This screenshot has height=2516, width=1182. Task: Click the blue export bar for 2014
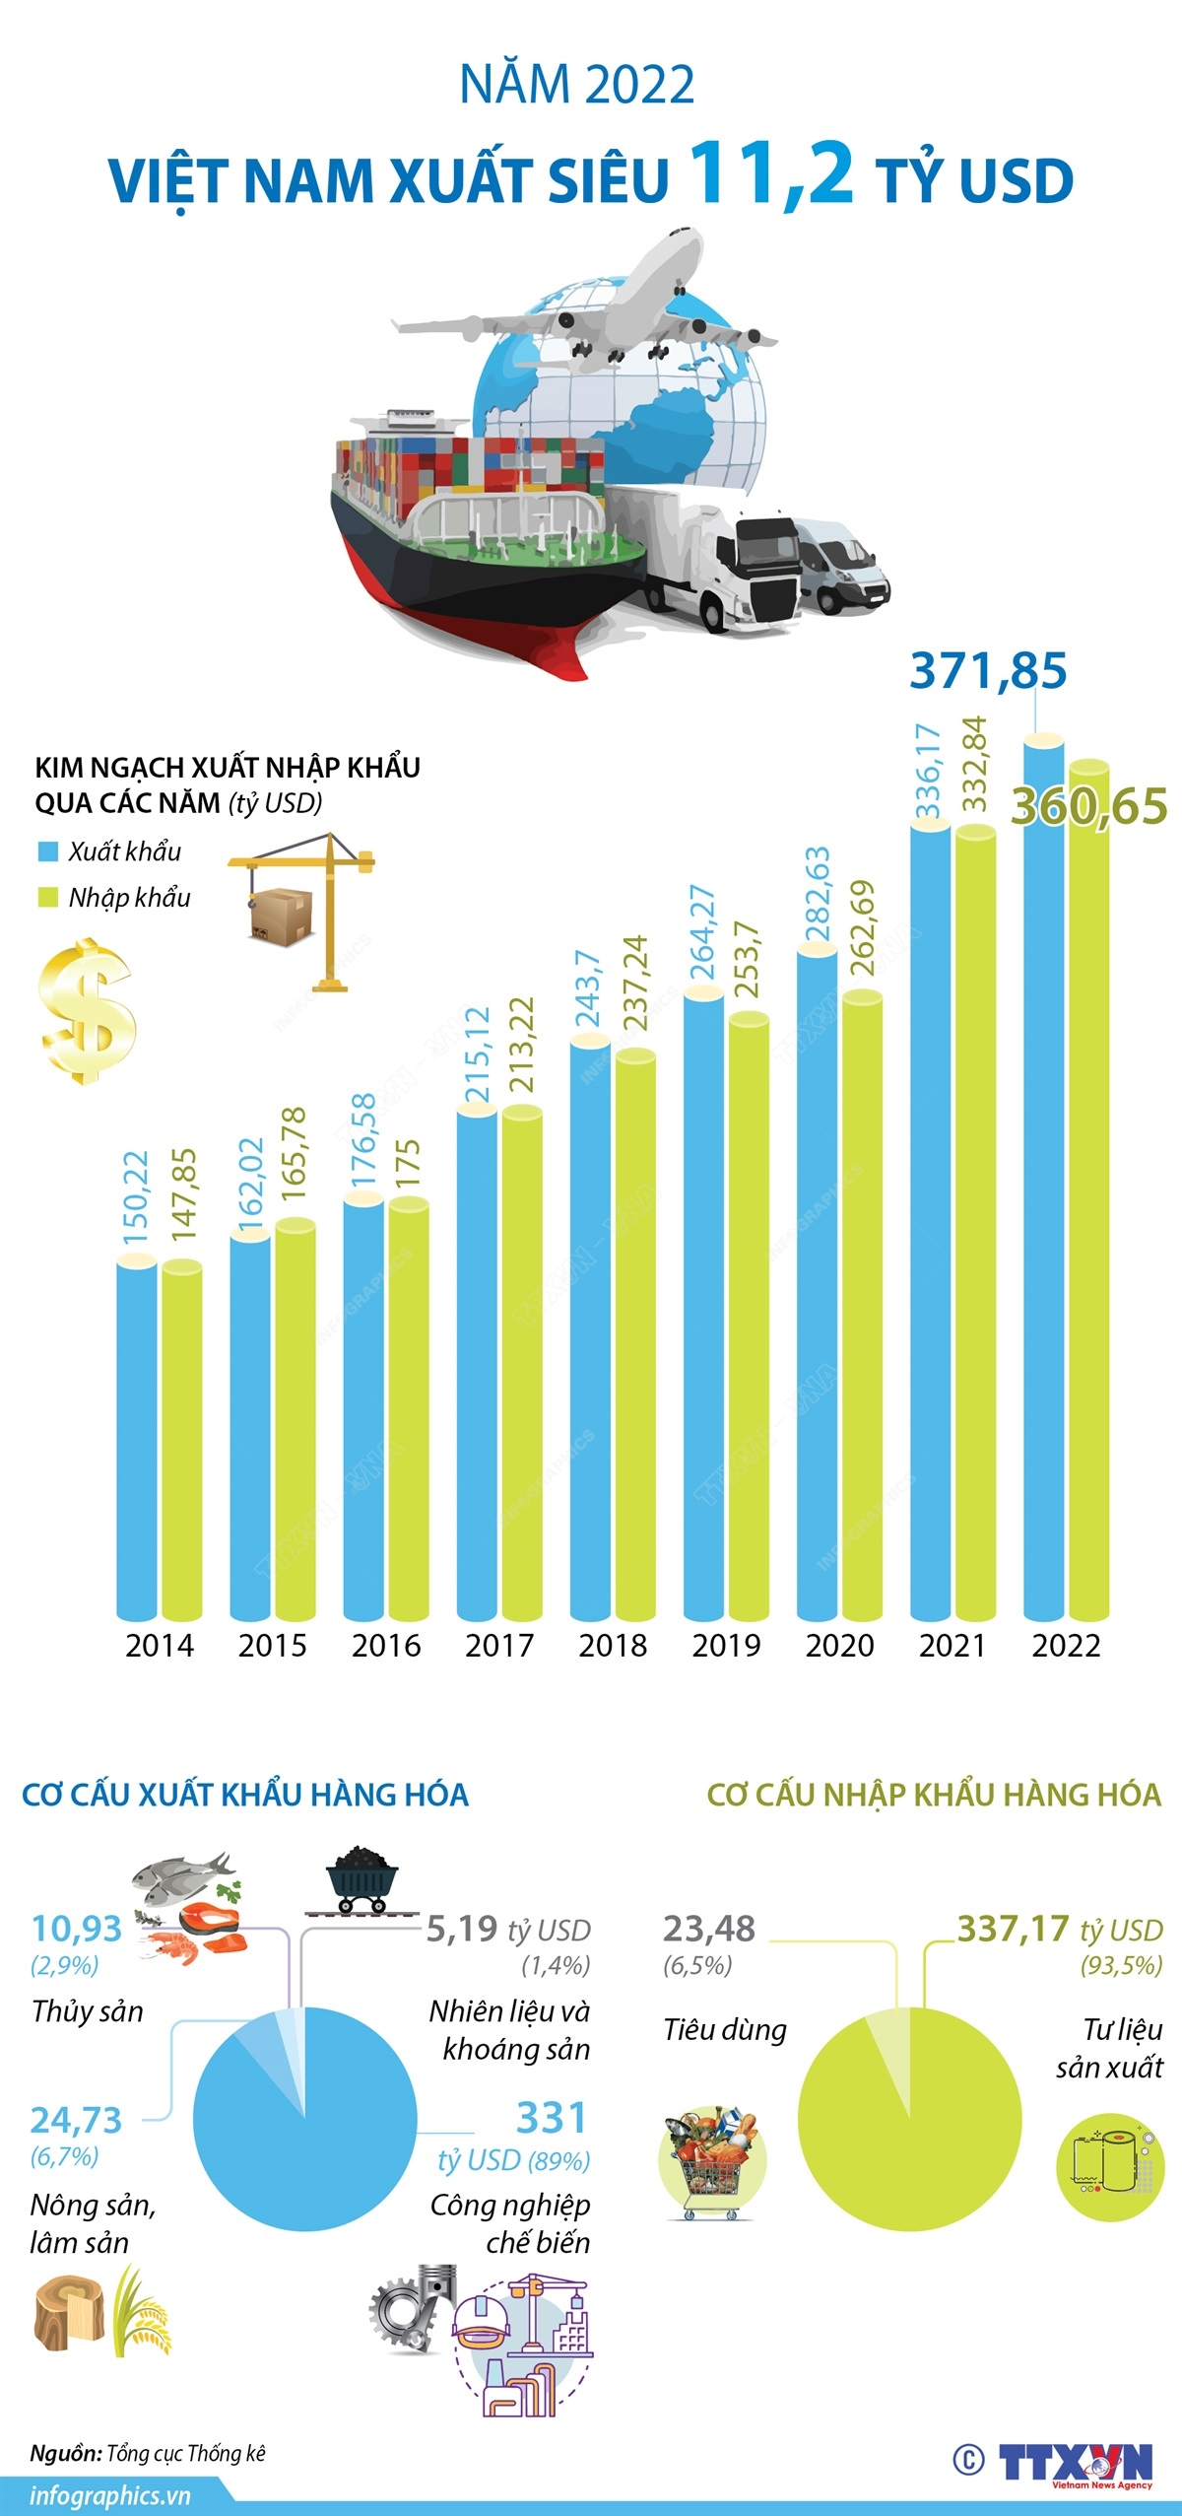coord(136,1439)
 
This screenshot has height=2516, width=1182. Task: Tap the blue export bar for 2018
coord(590,1330)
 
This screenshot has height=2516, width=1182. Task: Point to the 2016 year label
coord(386,1645)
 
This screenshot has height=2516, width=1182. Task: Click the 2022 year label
coord(1066,1645)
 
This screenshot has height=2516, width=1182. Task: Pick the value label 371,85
coord(988,671)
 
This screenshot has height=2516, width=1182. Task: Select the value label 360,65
coord(1089,806)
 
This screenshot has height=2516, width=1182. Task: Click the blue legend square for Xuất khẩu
coord(47,851)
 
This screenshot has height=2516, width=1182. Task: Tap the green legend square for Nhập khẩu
coord(47,897)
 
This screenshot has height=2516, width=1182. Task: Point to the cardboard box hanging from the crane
coord(281,916)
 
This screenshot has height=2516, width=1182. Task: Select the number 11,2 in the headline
coord(771,173)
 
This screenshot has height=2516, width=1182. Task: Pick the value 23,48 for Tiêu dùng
coord(708,1928)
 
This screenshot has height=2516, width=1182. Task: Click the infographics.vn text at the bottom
coord(108,2496)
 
